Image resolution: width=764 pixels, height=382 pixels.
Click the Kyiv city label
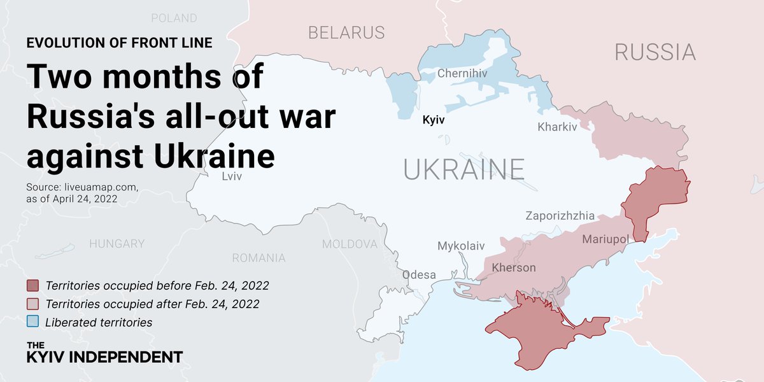coord(434,119)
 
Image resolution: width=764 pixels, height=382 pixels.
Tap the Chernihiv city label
coord(462,74)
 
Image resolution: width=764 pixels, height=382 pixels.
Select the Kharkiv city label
coord(556,127)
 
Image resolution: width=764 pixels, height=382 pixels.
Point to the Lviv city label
coord(232,176)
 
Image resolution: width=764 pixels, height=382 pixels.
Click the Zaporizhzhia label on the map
coord(560,216)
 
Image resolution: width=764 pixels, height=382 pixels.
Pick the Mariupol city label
coord(605,239)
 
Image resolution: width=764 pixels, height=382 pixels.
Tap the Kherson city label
coord(514,267)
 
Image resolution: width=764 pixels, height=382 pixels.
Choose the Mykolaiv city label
coord(461,246)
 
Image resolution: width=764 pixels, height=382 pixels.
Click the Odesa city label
coord(419,275)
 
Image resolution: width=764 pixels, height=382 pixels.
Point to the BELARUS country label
coord(346,32)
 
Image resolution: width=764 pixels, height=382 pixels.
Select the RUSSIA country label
coord(655,52)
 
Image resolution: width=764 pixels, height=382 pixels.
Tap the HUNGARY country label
coord(117,244)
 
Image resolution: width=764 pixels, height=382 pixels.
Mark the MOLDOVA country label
coord(350,244)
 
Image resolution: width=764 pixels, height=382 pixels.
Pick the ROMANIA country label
coord(258,258)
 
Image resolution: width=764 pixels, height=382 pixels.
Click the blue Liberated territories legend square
coord(33,322)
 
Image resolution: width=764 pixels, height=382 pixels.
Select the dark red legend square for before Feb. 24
coord(33,285)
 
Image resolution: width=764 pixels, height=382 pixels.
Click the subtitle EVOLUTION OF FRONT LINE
coord(119,43)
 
